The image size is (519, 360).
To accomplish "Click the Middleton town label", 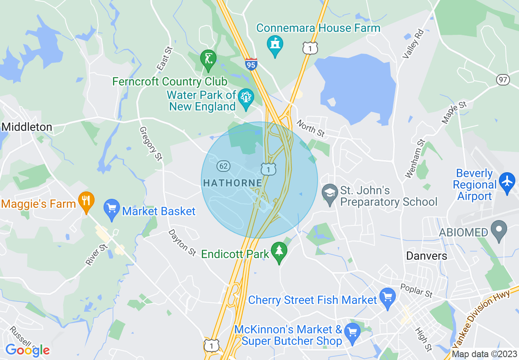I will [x=27, y=127].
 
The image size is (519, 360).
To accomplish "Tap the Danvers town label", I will [x=426, y=256].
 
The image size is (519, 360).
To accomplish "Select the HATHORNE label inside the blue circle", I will [x=232, y=183].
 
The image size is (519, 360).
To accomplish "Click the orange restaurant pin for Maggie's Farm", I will [x=86, y=201].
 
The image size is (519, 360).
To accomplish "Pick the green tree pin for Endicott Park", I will [x=279, y=252].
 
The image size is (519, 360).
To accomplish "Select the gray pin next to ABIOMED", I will [x=499, y=230].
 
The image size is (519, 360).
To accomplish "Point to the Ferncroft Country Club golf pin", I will [x=208, y=59].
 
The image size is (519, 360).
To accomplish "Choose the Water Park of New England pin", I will [x=246, y=99].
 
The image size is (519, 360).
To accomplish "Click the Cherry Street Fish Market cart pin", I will [x=387, y=297].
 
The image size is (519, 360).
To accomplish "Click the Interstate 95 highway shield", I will [x=251, y=64].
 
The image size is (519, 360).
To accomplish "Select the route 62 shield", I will [x=223, y=166].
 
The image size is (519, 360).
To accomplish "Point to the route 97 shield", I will [x=503, y=79].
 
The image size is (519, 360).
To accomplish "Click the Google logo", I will [x=27, y=350].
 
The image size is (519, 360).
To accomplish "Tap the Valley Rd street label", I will [x=412, y=44].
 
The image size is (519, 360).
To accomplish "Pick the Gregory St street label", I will [x=151, y=144].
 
